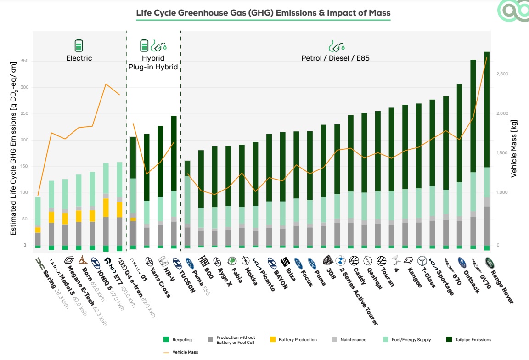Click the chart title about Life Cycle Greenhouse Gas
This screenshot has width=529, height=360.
click(263, 13)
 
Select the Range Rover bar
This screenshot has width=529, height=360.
click(487, 152)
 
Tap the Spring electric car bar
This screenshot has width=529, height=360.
click(38, 223)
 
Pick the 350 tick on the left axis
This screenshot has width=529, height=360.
click(25, 61)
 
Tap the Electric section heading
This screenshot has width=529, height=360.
click(79, 58)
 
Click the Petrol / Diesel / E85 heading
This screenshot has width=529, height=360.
click(336, 58)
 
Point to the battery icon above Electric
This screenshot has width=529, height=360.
click(79, 45)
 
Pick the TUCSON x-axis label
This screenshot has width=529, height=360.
click(185, 281)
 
